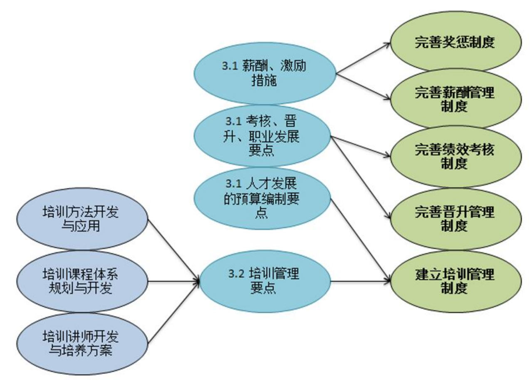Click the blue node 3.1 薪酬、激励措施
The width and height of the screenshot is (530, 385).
tap(265, 73)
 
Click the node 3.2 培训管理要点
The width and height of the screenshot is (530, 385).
tap(265, 281)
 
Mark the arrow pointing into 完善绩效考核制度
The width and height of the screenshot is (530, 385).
tap(360, 147)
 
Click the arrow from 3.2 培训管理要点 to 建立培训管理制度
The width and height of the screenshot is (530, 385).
tap(360, 281)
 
